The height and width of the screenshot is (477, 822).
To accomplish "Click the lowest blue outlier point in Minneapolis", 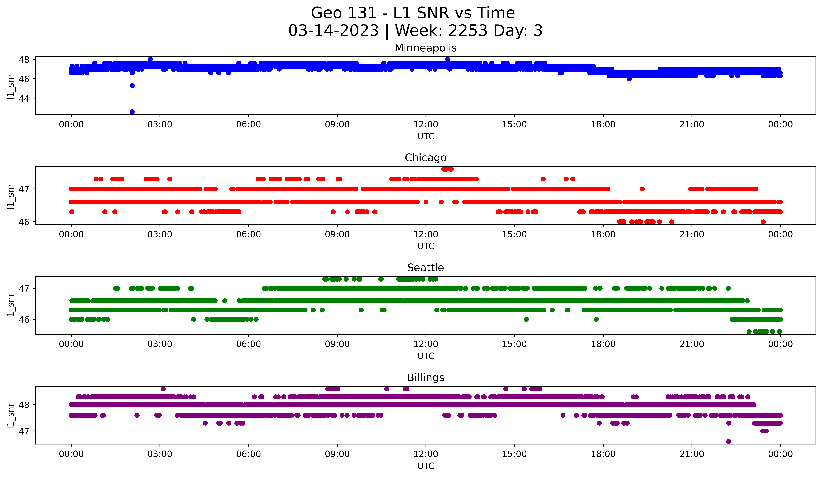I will click(x=132, y=112).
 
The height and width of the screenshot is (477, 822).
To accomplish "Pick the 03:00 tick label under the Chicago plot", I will click(x=160, y=234).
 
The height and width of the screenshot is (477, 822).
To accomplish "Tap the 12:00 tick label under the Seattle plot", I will click(x=426, y=344).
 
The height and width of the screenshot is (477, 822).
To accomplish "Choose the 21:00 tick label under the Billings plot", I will click(x=691, y=454).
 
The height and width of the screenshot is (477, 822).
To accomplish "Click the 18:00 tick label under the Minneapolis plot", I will click(x=603, y=124).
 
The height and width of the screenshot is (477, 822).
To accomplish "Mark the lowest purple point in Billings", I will click(x=728, y=441).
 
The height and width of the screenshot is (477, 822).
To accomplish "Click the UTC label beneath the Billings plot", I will click(x=426, y=466).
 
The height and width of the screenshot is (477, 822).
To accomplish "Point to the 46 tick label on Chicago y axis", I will click(x=24, y=222).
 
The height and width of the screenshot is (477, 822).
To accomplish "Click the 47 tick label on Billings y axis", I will click(x=24, y=431).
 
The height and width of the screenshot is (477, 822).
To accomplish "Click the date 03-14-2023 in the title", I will click(x=333, y=31).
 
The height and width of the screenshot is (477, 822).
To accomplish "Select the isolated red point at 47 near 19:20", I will click(x=642, y=189).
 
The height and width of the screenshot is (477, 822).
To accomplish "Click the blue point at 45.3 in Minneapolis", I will click(x=132, y=85).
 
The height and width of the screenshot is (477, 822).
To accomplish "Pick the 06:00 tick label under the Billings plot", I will click(x=249, y=454).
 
